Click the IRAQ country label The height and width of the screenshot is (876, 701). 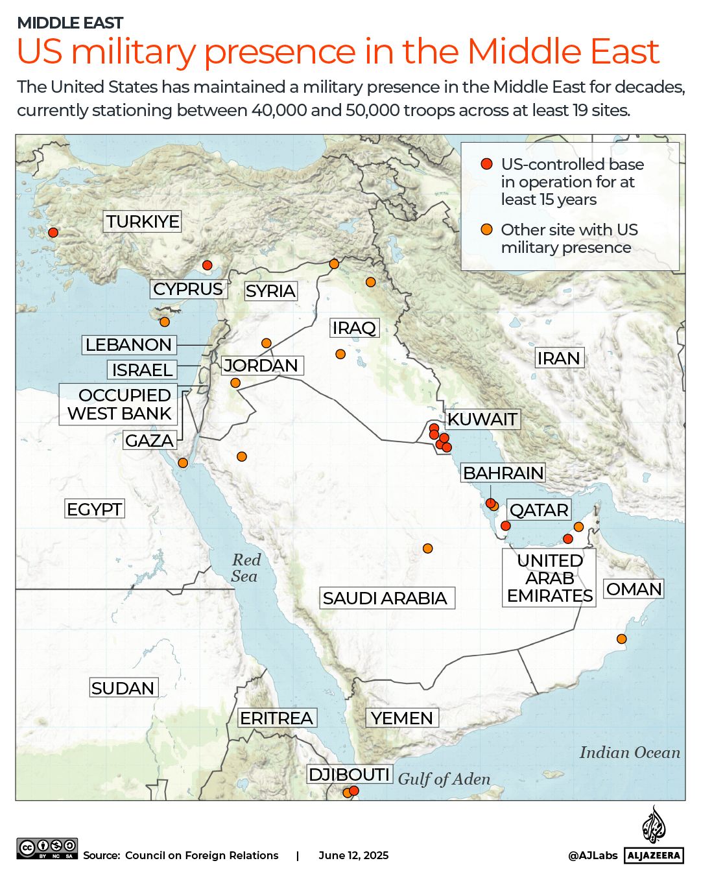tap(354, 328)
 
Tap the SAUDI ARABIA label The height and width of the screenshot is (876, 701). tap(385, 598)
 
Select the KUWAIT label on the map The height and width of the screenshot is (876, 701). tap(482, 420)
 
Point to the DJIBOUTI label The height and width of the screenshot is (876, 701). tap(349, 775)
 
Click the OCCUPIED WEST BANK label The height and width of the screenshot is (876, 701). tap(119, 405)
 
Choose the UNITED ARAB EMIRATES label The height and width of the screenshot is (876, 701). tap(549, 578)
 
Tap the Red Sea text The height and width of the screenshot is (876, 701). tap(245, 568)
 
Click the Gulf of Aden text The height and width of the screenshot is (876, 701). tap(444, 779)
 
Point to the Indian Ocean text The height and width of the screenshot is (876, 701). tap(630, 752)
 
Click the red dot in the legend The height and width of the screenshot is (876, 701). tap(486, 164)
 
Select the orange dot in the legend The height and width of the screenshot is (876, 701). tap(486, 230)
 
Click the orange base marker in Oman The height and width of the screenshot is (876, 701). tap(621, 639)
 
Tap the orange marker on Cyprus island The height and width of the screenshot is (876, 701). tap(165, 322)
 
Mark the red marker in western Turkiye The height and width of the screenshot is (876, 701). tap(53, 233)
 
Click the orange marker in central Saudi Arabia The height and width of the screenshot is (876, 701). tap(427, 549)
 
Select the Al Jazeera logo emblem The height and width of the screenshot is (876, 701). tap(654, 825)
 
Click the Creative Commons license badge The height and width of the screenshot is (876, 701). tap(47, 849)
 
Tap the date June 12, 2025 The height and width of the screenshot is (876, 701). tap(353, 855)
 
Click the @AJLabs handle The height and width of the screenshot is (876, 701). tap(593, 855)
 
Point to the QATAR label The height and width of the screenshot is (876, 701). tap(539, 510)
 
